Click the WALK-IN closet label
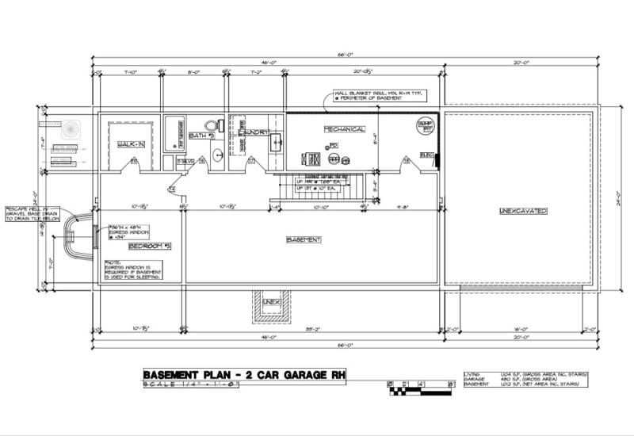click(x=131, y=144)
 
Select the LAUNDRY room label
click(x=254, y=131)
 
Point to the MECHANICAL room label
click(x=344, y=129)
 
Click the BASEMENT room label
click(x=303, y=239)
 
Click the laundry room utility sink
click(x=275, y=143)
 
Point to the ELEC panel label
click(x=426, y=155)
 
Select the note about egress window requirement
click(x=132, y=270)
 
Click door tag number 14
click(x=171, y=189)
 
